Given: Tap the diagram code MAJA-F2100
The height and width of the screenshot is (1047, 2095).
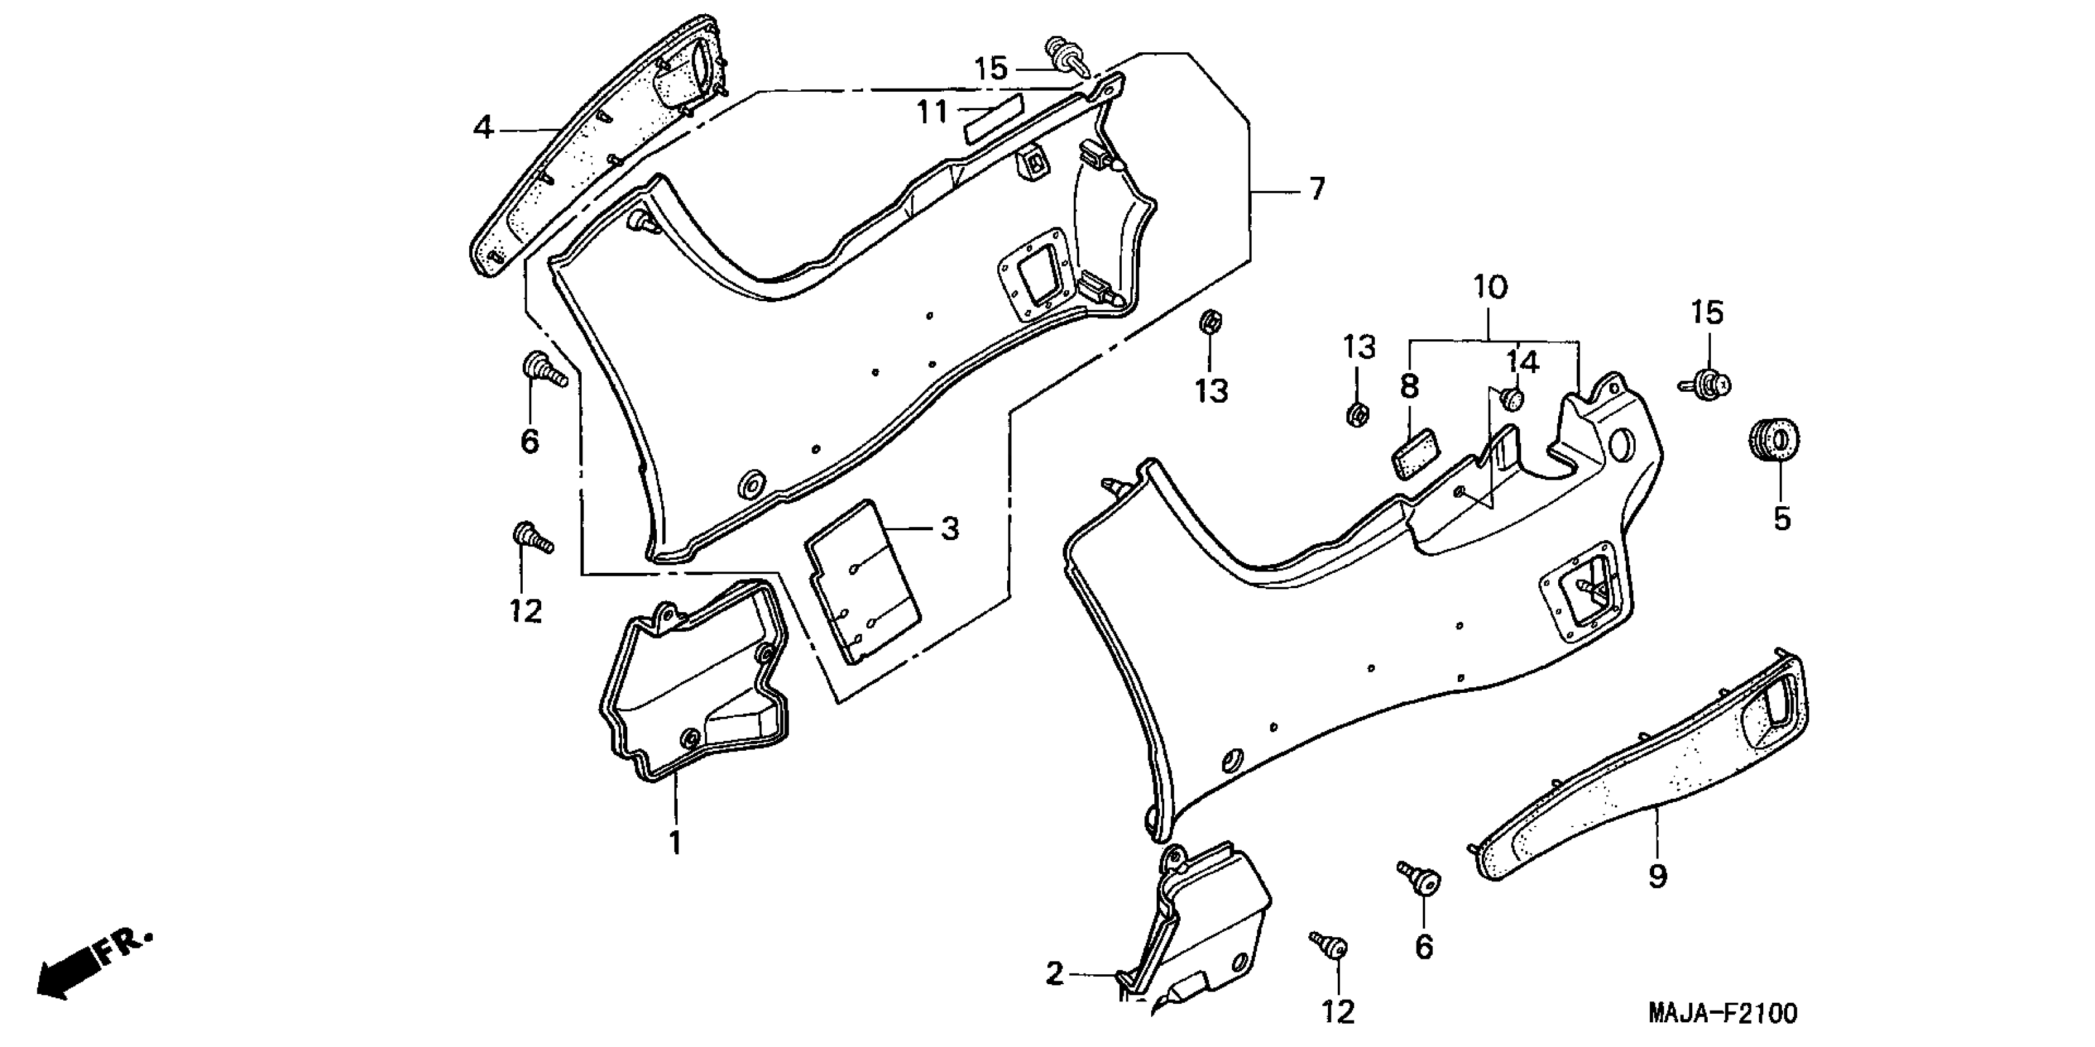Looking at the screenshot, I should coord(1723,1014).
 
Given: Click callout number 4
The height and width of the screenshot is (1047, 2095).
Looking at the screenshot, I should coord(484,127).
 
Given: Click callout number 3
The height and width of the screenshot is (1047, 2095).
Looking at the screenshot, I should coord(949,529).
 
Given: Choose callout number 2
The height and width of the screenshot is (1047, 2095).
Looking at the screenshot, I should coord(1054,973).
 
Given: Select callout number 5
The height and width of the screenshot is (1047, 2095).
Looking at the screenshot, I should coord(1782,518).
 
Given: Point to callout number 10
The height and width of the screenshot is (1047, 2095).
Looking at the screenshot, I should coord(1490,287).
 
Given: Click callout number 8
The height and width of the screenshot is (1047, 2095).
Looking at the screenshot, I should coord(1409,387).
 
